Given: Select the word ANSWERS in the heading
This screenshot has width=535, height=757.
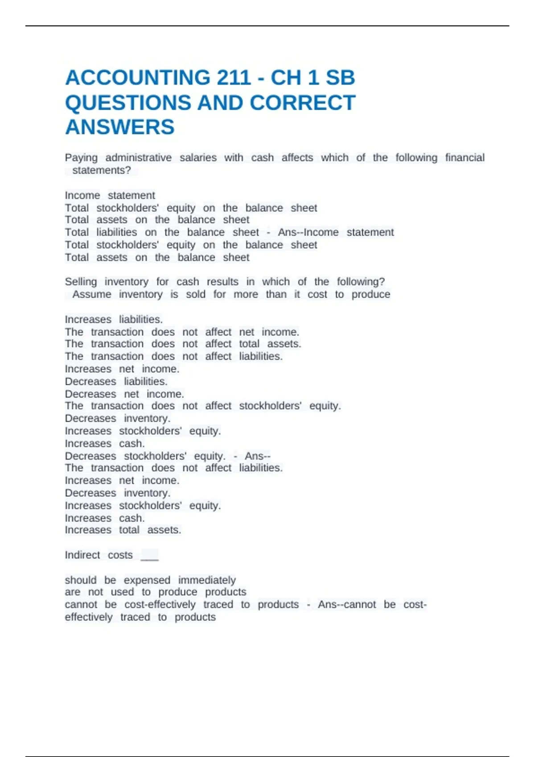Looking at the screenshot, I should (120, 127).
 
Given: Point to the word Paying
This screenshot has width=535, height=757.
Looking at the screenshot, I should (81, 158).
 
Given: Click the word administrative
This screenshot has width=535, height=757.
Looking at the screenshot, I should (138, 158).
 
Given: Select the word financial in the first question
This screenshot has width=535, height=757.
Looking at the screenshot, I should (465, 158).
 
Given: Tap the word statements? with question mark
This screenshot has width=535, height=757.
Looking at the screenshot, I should (102, 170).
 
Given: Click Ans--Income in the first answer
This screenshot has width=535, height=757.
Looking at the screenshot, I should (308, 232).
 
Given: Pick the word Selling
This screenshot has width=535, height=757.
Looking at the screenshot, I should (81, 282).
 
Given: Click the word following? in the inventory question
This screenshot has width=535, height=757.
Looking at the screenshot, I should (361, 282).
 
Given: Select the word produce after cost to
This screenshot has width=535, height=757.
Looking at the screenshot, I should (370, 294).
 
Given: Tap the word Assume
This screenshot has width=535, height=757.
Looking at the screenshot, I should (92, 294).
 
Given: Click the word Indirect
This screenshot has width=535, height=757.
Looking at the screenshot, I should (82, 555).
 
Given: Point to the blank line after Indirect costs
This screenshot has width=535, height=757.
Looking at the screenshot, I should (149, 557).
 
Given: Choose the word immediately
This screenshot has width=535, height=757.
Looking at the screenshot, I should (207, 580).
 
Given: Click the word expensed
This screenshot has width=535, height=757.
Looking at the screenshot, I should (147, 580).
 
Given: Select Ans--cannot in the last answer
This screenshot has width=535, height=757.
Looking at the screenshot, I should (347, 605).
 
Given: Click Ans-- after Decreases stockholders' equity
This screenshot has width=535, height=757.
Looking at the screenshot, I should (257, 456).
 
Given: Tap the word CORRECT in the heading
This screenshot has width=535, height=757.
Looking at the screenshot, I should (302, 103).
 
